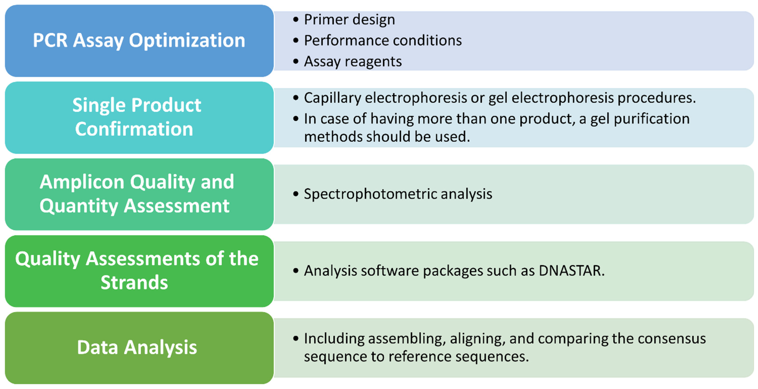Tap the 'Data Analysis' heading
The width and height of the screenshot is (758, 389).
coord(137,347)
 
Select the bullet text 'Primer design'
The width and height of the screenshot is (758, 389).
coord(349,20)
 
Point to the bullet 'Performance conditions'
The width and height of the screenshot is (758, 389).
coord(383,41)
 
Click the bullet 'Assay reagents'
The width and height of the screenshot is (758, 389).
coord(353,62)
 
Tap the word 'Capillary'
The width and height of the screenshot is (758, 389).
coord(332,98)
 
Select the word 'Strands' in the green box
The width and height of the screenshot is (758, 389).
coord(134,282)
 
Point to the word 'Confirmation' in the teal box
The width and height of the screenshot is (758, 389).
coord(134,129)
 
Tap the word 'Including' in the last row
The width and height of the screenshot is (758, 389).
coord(333,338)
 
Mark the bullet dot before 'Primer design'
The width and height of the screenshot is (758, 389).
coord(296,20)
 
